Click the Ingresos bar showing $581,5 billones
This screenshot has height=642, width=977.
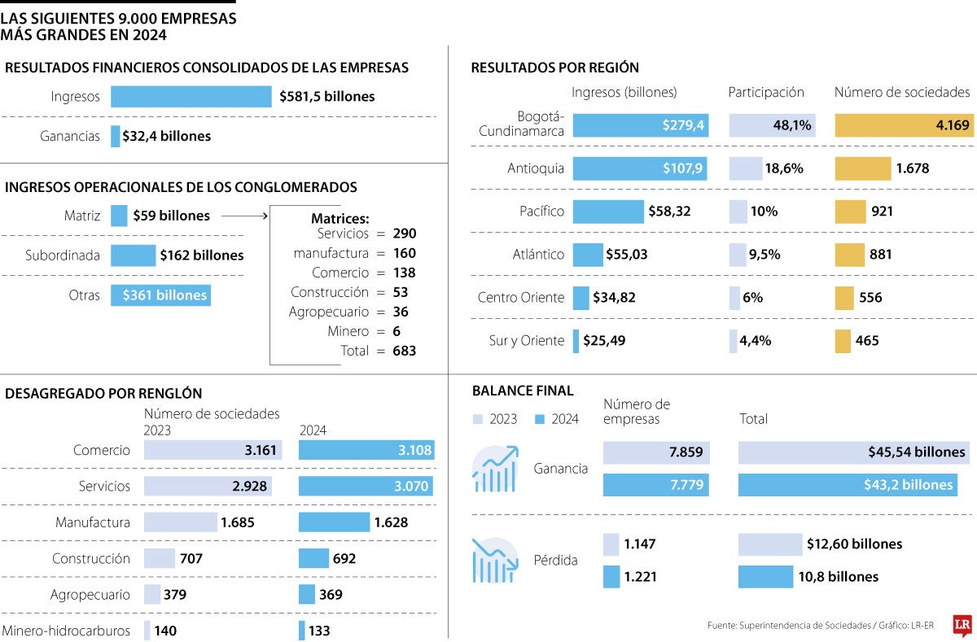coord(191,97)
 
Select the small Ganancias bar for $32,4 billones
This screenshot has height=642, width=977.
coord(115,137)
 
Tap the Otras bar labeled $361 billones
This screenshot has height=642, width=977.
coord(160,295)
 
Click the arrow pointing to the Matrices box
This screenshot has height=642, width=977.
coord(244,216)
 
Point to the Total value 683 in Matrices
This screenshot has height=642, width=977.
coord(404,352)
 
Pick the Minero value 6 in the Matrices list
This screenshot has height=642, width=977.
coord(396,332)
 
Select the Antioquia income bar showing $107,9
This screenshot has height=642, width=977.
coord(639,168)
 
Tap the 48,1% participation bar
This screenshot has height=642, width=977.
coord(772,125)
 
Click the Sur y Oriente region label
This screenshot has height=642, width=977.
coord(526,341)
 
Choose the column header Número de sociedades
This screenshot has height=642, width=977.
coord(902,93)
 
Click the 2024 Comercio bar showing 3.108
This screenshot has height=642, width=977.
coord(366,450)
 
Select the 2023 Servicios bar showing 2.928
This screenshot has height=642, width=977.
coord(208,486)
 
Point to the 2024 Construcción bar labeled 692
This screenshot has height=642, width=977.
coord(313,559)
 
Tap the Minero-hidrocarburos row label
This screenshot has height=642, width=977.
coord(66,631)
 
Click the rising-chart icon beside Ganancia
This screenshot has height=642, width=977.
coord(495,469)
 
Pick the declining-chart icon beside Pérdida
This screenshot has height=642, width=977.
coord(495,561)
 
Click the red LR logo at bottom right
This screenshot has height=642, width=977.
coord(962,624)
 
